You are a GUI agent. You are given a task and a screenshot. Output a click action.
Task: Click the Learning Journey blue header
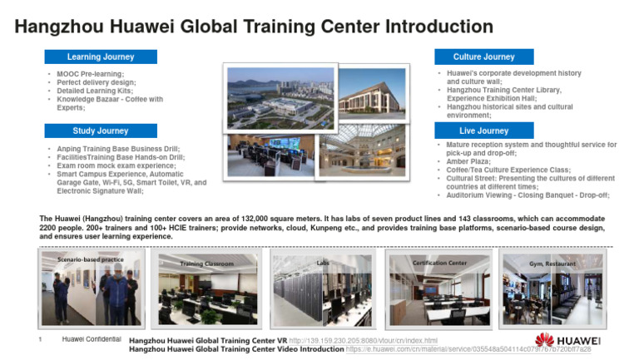(100, 57)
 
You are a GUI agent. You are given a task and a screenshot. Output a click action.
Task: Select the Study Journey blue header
(100, 131)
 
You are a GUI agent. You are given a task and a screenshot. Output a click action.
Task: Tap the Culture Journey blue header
(483, 57)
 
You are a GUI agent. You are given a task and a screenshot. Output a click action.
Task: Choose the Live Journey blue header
(483, 131)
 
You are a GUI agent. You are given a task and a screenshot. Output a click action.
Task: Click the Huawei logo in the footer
(567, 343)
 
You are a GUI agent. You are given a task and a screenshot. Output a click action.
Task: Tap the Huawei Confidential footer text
(92, 340)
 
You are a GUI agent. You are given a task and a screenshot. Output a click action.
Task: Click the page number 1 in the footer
(40, 340)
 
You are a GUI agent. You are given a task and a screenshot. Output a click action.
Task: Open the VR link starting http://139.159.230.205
(363, 341)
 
